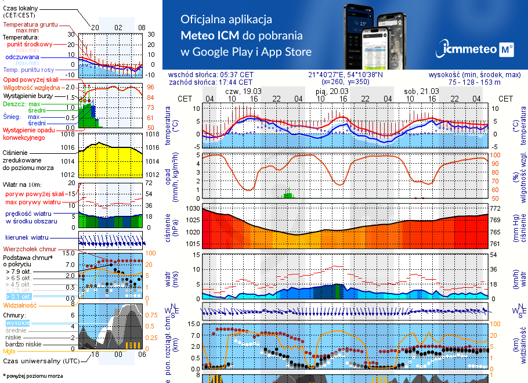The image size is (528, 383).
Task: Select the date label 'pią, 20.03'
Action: (332, 91)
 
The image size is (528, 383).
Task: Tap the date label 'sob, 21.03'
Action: (421, 91)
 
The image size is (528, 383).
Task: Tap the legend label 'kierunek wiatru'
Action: (27, 238)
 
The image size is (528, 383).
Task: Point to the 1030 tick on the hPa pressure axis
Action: (192, 208)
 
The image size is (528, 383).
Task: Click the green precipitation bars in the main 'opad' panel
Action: (287, 194)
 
